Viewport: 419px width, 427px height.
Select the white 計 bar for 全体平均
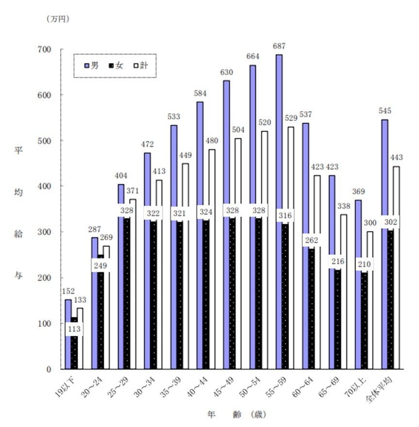pos(396,267)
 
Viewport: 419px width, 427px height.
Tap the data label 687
pos(279,47)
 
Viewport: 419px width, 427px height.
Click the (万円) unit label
pos(58,19)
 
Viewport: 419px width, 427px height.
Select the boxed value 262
pos(310,240)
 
